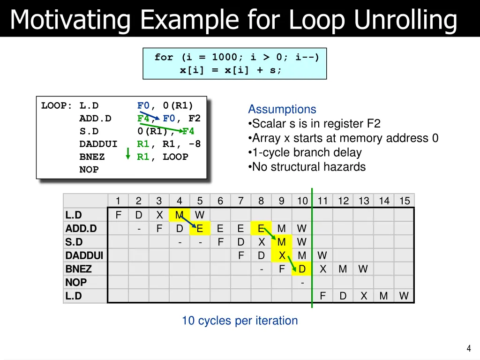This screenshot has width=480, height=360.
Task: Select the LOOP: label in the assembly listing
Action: [x=56, y=105]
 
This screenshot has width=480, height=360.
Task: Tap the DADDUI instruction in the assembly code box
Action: [x=98, y=144]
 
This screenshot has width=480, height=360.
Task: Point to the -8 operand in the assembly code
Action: [x=194, y=144]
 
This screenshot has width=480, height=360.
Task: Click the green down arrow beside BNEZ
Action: [x=128, y=154]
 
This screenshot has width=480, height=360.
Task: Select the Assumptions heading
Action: [x=282, y=109]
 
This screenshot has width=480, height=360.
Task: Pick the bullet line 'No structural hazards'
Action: [x=307, y=167]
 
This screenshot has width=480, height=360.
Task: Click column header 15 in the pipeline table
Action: [x=404, y=201]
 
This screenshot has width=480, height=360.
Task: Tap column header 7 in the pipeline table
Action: [x=240, y=201]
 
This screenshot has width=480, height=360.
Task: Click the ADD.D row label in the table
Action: [x=81, y=228]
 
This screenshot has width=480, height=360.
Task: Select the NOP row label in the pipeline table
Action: [x=76, y=282]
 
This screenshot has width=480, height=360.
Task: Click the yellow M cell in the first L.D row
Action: [x=179, y=215]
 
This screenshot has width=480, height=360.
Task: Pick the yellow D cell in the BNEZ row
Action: [x=302, y=269]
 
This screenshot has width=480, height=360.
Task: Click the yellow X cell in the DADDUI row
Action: [x=282, y=255]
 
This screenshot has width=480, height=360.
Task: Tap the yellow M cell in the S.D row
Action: [x=281, y=242]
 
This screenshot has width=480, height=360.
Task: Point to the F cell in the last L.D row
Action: [x=322, y=296]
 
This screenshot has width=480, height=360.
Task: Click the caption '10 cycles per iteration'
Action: [x=240, y=321]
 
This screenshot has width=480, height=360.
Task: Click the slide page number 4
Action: [x=468, y=348]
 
